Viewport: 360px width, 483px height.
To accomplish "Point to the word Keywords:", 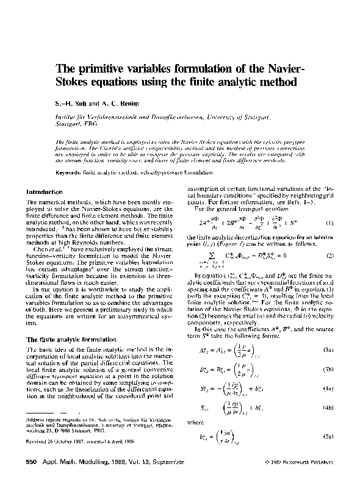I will pyautogui.click(x=69, y=173).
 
